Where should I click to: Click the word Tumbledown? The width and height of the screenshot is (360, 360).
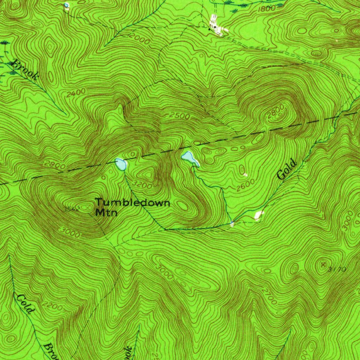(x=133, y=202)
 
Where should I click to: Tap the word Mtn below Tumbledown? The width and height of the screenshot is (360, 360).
(x=106, y=212)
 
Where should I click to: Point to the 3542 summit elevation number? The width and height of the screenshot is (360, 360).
(x=72, y=209)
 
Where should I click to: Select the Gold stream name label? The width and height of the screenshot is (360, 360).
(x=287, y=170)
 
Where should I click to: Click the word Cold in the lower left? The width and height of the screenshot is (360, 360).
(x=25, y=304)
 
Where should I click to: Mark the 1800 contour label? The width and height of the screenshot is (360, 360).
(x=266, y=9)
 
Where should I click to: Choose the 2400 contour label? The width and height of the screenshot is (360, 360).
(x=76, y=92)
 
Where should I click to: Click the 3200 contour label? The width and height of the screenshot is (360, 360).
(x=143, y=185)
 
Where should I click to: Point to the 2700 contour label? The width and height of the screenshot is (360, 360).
(x=269, y=297)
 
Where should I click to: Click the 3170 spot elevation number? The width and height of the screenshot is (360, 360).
(x=336, y=270)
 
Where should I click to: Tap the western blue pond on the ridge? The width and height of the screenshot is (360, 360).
(x=121, y=164)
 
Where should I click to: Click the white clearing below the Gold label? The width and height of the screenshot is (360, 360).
(x=259, y=214)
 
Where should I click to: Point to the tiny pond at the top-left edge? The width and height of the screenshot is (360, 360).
(x=66, y=5)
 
